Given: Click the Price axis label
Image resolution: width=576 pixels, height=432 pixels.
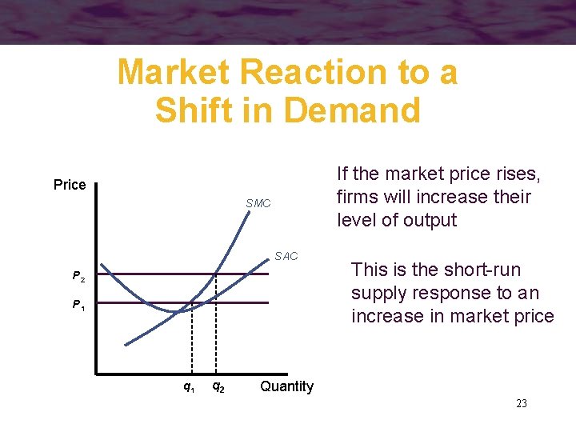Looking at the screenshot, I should (70, 185).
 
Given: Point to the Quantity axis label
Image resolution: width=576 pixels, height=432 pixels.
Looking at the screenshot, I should (286, 386).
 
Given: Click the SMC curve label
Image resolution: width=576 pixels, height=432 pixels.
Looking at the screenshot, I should (258, 204).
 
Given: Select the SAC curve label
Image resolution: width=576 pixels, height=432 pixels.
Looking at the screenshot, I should (286, 256).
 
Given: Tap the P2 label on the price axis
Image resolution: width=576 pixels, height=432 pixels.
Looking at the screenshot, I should (78, 277).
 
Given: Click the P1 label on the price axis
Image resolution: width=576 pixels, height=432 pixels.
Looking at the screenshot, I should (78, 305).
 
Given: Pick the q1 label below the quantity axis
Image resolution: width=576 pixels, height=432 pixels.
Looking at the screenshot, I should (189, 387).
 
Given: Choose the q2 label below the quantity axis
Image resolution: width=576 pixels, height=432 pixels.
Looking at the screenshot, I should (217, 387).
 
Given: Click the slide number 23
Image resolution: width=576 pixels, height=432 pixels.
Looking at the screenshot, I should (521, 404).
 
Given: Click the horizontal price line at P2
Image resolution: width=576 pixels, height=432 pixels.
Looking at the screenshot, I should (144, 274).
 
